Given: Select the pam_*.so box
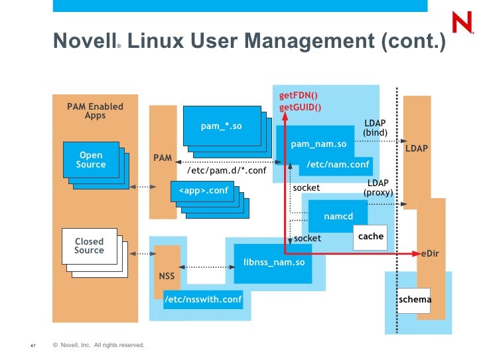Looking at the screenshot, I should click(221, 124).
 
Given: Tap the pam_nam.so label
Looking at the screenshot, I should click(318, 144).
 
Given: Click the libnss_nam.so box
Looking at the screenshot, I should click(273, 263).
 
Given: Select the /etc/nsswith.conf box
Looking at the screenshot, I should click(203, 299).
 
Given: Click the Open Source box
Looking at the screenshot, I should click(91, 160).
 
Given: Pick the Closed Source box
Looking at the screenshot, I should click(89, 246).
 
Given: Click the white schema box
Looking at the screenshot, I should click(415, 300).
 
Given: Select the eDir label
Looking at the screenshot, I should click(430, 254).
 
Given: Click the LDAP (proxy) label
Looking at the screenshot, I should click(378, 188).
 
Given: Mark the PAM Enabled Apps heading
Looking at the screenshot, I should click(95, 111).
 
